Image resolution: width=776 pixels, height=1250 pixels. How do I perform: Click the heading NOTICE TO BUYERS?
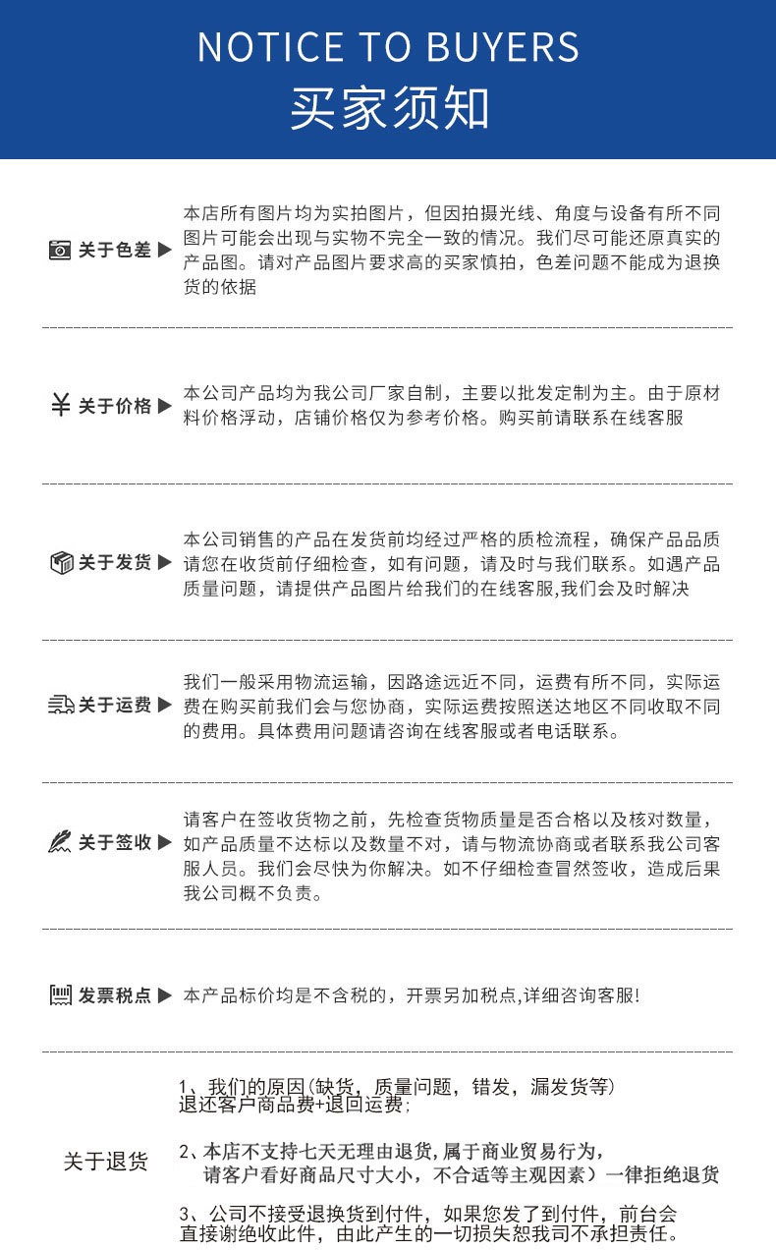point(389,47)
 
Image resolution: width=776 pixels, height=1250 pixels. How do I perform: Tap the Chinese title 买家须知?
point(389,108)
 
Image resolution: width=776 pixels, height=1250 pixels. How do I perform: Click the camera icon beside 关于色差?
point(60,251)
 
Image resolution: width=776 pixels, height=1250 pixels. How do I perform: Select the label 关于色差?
point(115,251)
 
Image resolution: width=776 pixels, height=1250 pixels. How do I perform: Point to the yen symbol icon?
point(60,405)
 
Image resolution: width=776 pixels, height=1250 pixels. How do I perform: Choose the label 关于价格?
point(115,406)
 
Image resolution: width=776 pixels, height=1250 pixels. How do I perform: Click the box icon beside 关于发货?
point(61,562)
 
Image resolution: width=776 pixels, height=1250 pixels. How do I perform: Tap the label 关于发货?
point(115,563)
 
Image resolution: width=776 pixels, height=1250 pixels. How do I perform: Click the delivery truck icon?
point(61,705)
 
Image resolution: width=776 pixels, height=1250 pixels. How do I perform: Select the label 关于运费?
point(115,705)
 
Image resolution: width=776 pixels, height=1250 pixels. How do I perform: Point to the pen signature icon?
point(61,842)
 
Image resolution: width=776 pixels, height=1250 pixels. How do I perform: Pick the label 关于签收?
point(115,843)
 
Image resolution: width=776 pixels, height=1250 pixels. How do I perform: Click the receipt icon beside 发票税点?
point(61,995)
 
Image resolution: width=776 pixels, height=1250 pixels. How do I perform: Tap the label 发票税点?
point(115,995)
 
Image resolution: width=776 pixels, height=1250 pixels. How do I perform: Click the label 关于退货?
point(106,1163)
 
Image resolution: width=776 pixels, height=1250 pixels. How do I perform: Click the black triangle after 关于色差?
point(165,251)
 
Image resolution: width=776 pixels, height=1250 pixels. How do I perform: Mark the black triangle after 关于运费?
point(165,705)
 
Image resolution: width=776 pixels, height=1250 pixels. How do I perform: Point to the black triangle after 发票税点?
point(165,995)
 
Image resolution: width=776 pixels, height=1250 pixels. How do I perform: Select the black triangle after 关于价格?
point(165,406)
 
